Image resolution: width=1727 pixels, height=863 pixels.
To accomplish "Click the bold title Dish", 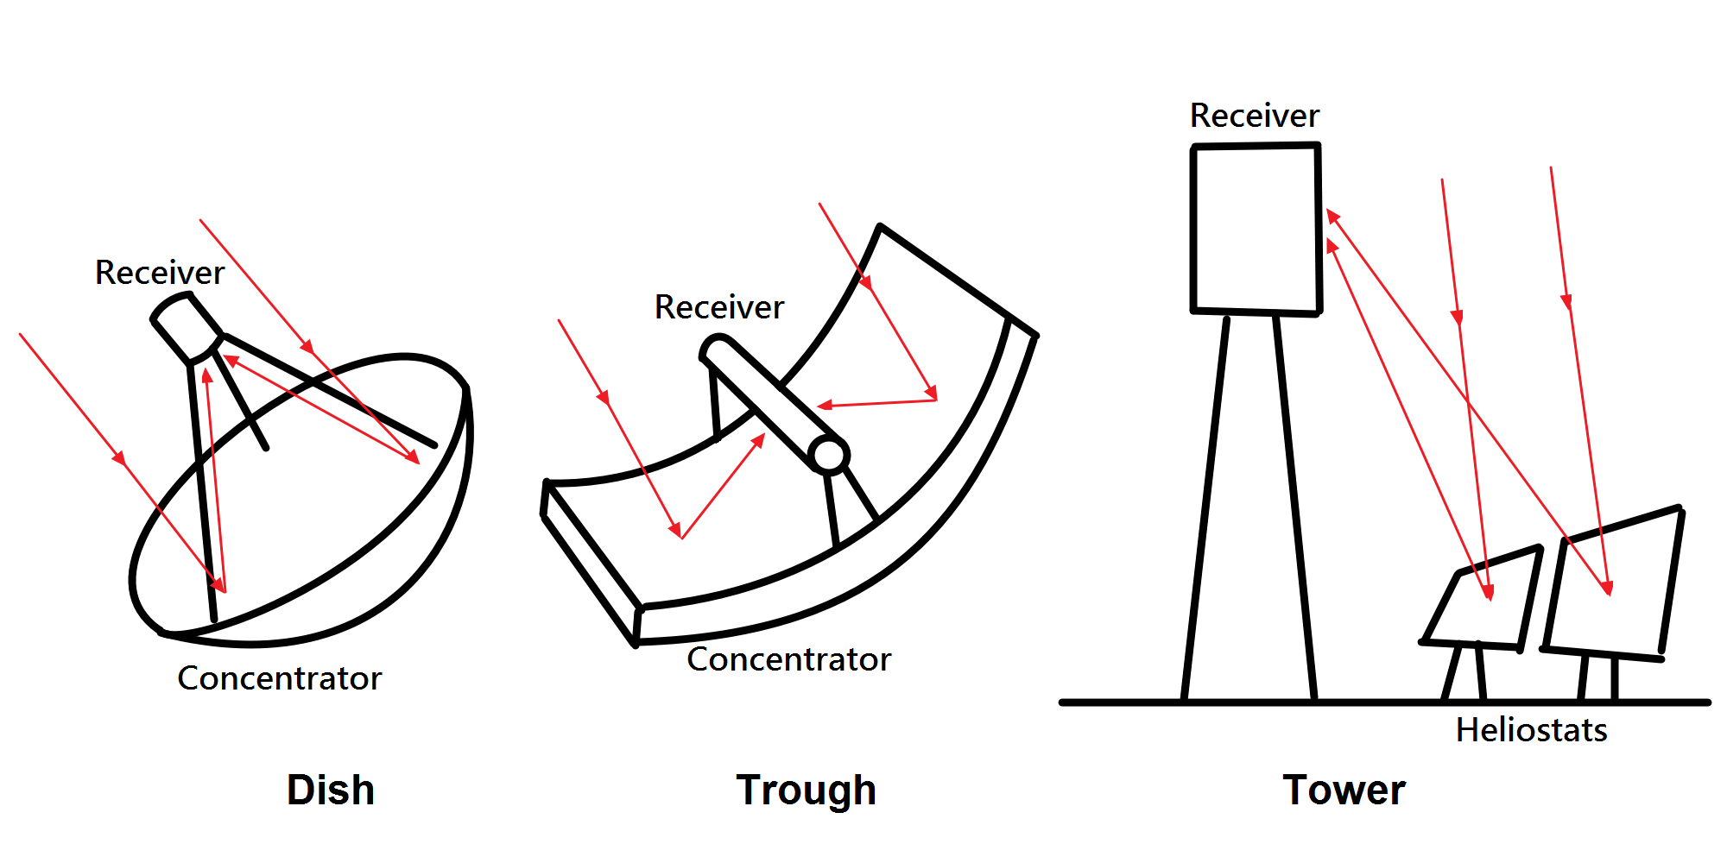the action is click(x=331, y=790).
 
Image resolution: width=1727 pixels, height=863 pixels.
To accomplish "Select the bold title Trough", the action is click(x=807, y=791).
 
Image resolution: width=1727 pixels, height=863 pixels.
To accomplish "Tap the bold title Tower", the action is click(x=1344, y=790).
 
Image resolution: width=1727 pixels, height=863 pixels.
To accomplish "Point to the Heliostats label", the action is click(x=1531, y=730).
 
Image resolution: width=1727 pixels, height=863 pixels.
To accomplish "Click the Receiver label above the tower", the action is click(x=1255, y=116).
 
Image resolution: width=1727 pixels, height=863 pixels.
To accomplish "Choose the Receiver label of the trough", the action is click(x=719, y=307).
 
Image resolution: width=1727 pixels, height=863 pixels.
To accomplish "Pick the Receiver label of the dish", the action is click(x=160, y=273).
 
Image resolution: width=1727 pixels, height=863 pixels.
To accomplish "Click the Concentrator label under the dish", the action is click(x=279, y=678).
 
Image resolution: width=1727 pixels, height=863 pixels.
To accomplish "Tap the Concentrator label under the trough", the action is click(x=788, y=659).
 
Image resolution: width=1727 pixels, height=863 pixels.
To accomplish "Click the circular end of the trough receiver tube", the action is click(x=829, y=455).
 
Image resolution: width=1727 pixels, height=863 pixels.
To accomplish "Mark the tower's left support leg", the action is click(x=1205, y=509).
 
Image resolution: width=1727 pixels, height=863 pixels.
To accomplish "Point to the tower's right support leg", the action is click(x=1295, y=509).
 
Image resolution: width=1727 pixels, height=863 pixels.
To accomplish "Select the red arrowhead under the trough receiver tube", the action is click(x=758, y=440).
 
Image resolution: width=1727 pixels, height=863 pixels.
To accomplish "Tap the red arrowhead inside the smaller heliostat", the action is click(x=1488, y=592).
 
